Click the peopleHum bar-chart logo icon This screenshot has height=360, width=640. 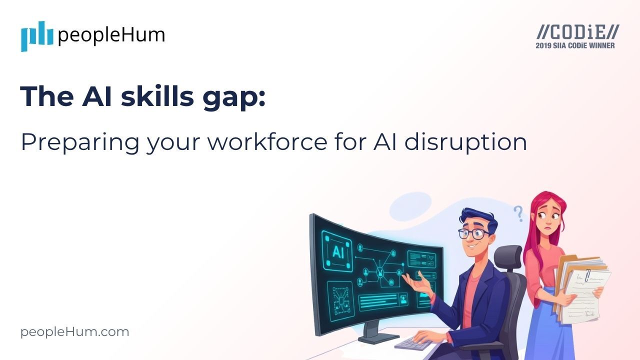(36, 36)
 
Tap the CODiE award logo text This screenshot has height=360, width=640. (577, 32)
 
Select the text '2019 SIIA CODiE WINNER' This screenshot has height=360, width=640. (575, 45)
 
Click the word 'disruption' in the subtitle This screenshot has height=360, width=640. (465, 143)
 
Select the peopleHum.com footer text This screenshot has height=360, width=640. (75, 332)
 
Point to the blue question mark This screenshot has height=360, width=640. (518, 213)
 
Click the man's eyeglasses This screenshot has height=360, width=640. (473, 233)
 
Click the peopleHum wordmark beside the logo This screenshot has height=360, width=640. (111, 35)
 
